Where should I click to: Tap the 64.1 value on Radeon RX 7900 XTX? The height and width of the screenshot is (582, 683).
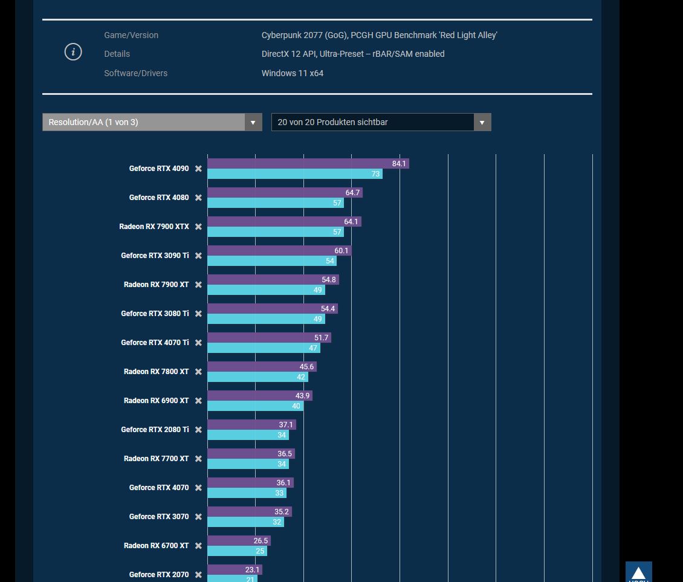[351, 222]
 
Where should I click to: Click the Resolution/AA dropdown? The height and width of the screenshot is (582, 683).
[152, 122]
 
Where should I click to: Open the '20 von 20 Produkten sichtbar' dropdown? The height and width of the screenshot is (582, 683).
[381, 122]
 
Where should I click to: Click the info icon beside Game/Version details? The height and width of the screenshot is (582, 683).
[73, 52]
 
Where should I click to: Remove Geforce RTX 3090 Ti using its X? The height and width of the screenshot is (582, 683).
[198, 256]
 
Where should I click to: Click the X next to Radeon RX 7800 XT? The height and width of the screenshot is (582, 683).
[198, 372]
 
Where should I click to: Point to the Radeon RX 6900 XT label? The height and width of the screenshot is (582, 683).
[156, 401]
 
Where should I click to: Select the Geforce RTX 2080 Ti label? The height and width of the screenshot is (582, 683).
[155, 430]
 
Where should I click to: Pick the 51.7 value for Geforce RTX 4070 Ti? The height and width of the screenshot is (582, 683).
[322, 338]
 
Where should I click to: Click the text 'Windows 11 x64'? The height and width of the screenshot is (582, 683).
[292, 73]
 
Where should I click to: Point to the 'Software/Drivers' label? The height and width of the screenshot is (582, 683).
[135, 73]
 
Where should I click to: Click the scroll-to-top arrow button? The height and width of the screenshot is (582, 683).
[638, 572]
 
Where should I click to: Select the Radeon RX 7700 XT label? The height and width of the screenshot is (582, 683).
[156, 459]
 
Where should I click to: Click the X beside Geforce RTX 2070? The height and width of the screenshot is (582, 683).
[198, 575]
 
